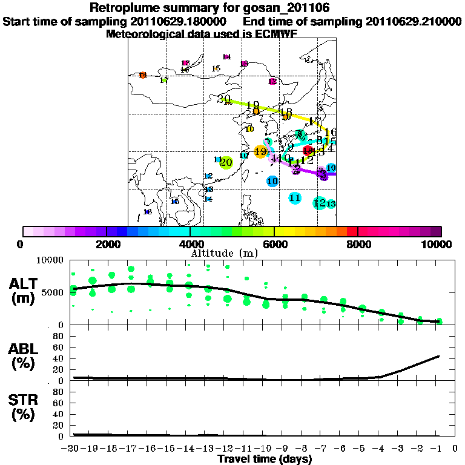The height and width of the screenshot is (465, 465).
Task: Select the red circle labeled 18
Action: point(308,151)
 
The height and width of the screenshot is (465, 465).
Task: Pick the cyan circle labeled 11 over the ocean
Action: point(295,197)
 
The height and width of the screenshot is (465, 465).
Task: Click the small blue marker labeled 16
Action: point(147,212)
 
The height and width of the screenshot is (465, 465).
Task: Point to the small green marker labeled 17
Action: point(163,81)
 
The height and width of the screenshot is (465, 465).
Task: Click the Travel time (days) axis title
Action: point(265,459)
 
